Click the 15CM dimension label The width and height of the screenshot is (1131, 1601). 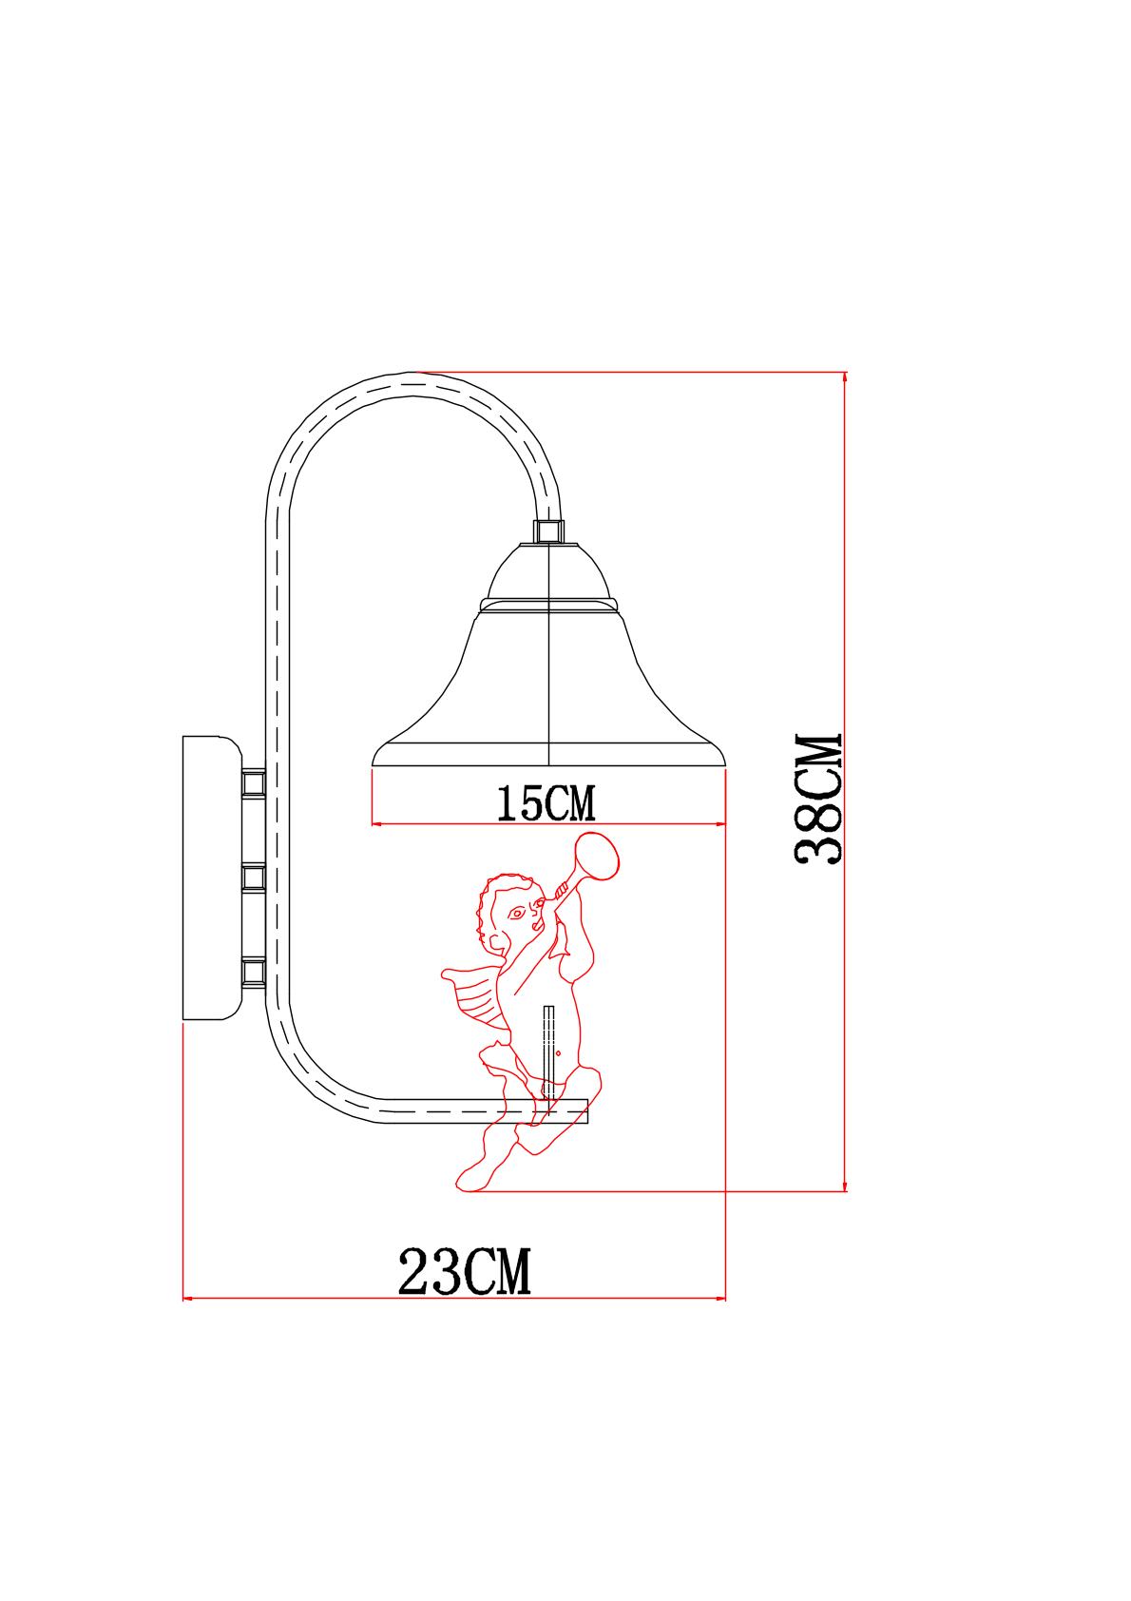coord(546,803)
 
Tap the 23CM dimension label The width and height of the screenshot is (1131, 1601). coord(465,1271)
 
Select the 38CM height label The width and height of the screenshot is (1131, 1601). coord(818,799)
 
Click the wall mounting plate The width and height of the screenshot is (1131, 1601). coord(212,878)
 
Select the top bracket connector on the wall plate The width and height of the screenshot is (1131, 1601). coord(254,782)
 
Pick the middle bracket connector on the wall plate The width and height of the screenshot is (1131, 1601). coord(254,877)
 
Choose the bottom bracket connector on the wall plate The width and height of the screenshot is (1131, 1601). coord(254,972)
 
